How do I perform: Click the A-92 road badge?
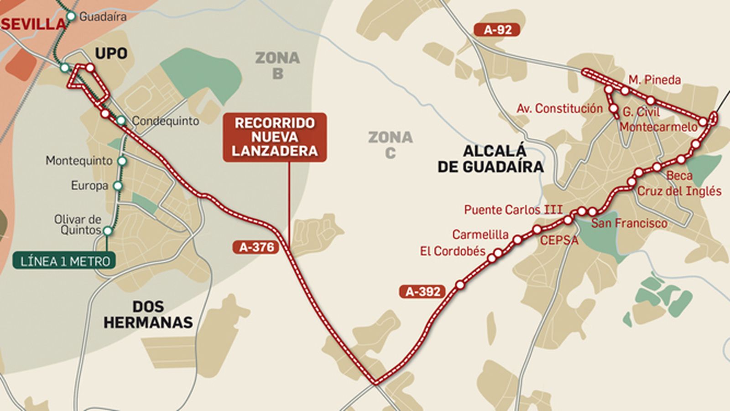coord(497,30)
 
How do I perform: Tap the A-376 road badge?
coord(256,248)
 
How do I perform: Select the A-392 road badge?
coord(422,291)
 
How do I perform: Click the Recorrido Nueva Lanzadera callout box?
coord(275,137)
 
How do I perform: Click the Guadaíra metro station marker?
coord(71,16)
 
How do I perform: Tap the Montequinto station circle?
coord(122,161)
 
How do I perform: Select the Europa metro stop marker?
coord(118,186)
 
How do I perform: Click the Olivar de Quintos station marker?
coord(108,231)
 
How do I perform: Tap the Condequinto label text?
coord(165,121)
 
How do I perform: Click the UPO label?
coord(111,53)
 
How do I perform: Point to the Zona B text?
coord(277,65)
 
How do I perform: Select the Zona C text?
coord(390,145)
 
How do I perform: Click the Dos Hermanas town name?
coord(148,314)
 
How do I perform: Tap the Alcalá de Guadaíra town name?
coord(490,158)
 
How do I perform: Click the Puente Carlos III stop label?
coord(513,210)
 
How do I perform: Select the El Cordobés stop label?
coord(452,251)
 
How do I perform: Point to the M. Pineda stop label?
coord(654,80)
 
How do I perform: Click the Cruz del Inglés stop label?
coord(679,191)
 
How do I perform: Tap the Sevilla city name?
coord(33,24)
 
